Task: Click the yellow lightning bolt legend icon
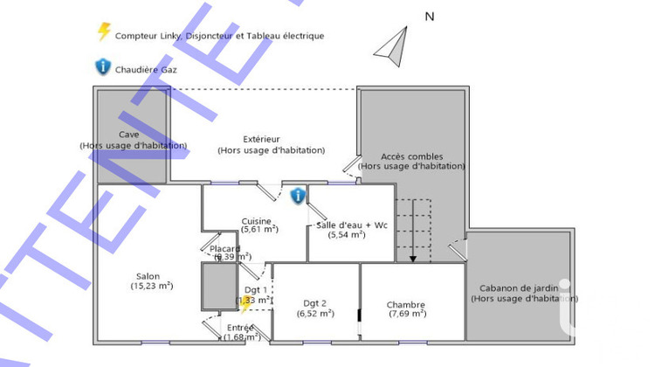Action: (x=104, y=33)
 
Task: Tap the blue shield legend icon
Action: (x=104, y=66)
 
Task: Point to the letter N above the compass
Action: (x=429, y=16)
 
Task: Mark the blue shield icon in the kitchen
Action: (x=298, y=196)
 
